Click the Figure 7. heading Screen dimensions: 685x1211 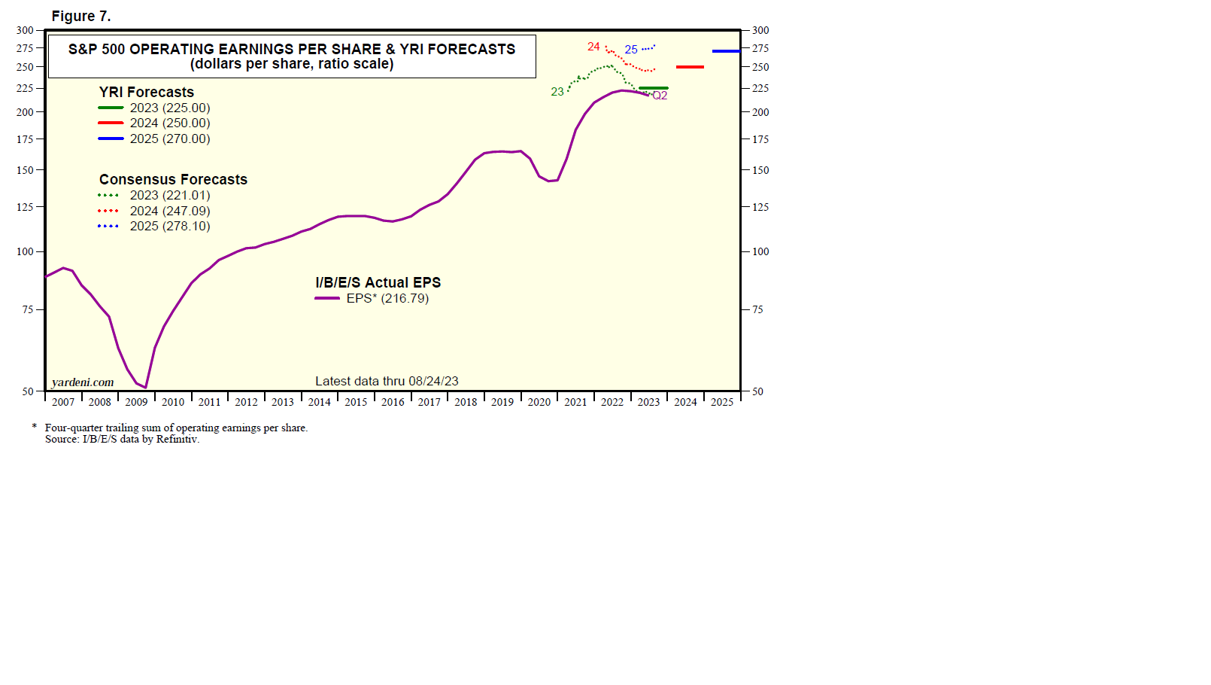pos(81,16)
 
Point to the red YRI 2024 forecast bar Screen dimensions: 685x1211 pos(690,67)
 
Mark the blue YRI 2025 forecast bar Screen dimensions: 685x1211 pos(726,51)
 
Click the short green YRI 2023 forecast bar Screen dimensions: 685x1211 pos(653,88)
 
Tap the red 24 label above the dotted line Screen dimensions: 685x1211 pos(593,47)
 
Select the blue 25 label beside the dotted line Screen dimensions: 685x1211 pos(631,50)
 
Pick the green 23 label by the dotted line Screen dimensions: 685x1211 pos(557,92)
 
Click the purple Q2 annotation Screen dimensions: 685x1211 pos(660,96)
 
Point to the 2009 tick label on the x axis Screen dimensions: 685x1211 pos(136,402)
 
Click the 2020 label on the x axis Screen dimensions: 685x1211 pos(539,402)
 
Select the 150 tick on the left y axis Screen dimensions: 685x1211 pos(25,170)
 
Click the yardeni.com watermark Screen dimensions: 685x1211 pos(83,382)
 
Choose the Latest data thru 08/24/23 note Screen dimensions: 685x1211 pos(387,381)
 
